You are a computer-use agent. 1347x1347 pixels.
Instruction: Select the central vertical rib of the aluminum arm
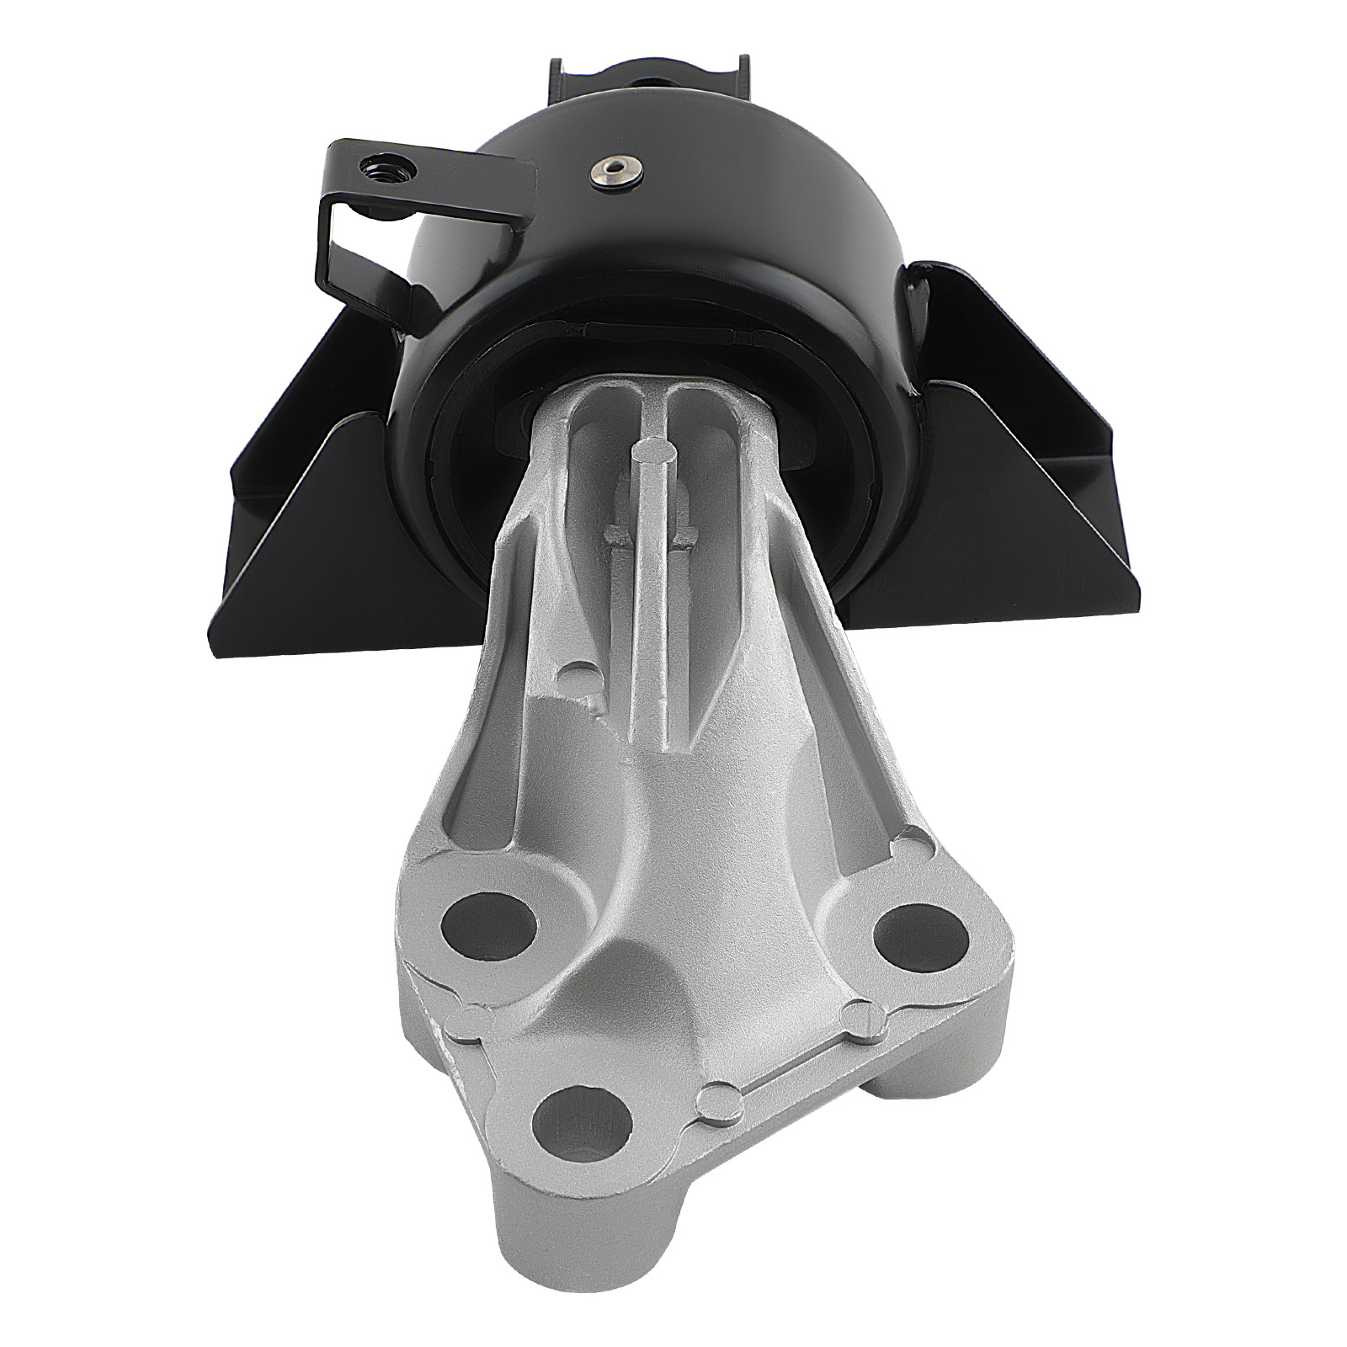652,606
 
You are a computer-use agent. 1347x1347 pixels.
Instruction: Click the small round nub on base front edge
716,1096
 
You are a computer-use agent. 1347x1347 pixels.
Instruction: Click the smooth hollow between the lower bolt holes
673,985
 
